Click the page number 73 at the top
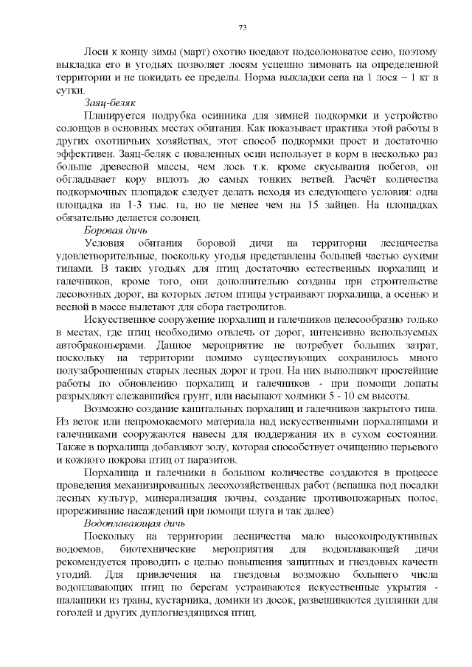pos(243,27)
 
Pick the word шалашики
pos(85,601)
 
